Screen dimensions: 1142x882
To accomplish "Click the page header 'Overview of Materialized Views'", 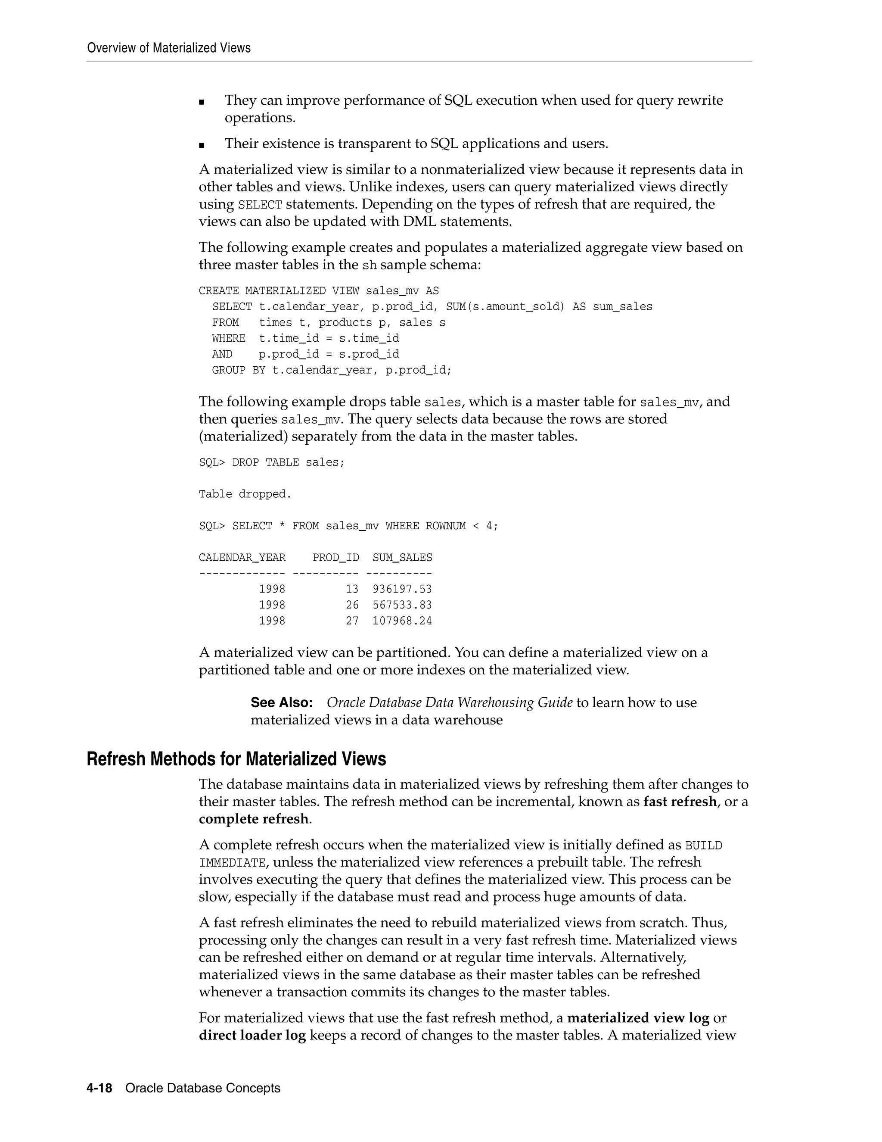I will pyautogui.click(x=169, y=48).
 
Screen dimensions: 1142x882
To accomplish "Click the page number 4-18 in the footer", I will pyautogui.click(x=99, y=1088).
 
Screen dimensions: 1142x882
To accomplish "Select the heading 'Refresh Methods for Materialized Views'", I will pyautogui.click(x=236, y=759).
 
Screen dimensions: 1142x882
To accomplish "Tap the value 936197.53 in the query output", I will pyautogui.click(x=402, y=589).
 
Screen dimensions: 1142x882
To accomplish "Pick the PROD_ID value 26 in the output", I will pyautogui.click(x=352, y=605).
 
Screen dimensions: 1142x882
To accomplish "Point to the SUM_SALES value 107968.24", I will pyautogui.click(x=402, y=621).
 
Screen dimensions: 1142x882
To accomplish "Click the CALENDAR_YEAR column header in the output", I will pyautogui.click(x=242, y=557).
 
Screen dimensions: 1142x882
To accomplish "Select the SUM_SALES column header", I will pyautogui.click(x=402, y=557).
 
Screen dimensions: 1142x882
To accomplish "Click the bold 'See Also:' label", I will pyautogui.click(x=282, y=702).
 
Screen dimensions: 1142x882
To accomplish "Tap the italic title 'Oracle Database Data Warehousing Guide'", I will pyautogui.click(x=449, y=702).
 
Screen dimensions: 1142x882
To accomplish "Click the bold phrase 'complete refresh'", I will pyautogui.click(x=253, y=819).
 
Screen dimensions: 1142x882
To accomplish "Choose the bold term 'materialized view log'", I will pyautogui.click(x=638, y=1017).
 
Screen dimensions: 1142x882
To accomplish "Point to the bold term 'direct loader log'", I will pyautogui.click(x=252, y=1035).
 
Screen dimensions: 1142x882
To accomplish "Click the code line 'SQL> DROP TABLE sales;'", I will pyautogui.click(x=272, y=462).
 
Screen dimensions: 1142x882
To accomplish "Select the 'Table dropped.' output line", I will pyautogui.click(x=245, y=494).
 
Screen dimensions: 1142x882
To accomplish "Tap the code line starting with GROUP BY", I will pyautogui.click(x=331, y=370).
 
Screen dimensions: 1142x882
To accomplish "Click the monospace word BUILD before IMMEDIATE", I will pyautogui.click(x=703, y=846).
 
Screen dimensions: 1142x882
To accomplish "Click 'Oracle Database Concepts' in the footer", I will pyautogui.click(x=203, y=1088).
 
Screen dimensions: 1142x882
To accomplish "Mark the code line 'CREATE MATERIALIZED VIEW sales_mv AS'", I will pyautogui.click(x=319, y=291).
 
